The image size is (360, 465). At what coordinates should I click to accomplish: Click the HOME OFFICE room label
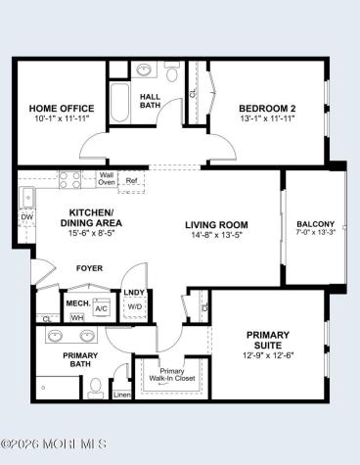[x=62, y=109]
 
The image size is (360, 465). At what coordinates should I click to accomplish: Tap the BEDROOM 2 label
[x=267, y=109]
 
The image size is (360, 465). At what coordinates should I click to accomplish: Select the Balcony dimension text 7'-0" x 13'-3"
[x=316, y=232]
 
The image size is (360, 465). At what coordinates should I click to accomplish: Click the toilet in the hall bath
[x=171, y=71]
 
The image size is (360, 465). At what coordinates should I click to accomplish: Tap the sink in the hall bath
[x=144, y=70]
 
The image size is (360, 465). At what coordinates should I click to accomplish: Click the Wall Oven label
[x=107, y=179]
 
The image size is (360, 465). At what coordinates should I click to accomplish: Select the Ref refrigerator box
[x=131, y=181]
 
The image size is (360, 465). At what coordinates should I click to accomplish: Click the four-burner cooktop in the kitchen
[x=69, y=180]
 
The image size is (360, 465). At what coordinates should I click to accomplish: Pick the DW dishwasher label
[x=26, y=217]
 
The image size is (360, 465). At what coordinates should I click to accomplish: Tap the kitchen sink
[x=27, y=198]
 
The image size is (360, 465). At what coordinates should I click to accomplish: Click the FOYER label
[x=89, y=268]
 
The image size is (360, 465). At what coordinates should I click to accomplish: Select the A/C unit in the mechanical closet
[x=101, y=306]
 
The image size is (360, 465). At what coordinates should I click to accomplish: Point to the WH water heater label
[x=77, y=317]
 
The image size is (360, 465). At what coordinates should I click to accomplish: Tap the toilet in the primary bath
[x=96, y=388]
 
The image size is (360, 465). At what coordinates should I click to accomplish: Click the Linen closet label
[x=122, y=395]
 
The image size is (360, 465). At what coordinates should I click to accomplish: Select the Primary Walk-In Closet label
[x=172, y=375]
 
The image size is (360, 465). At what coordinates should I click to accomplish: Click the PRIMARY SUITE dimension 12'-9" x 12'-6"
[x=268, y=355]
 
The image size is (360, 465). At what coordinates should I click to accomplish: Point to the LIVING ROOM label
[x=216, y=225]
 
